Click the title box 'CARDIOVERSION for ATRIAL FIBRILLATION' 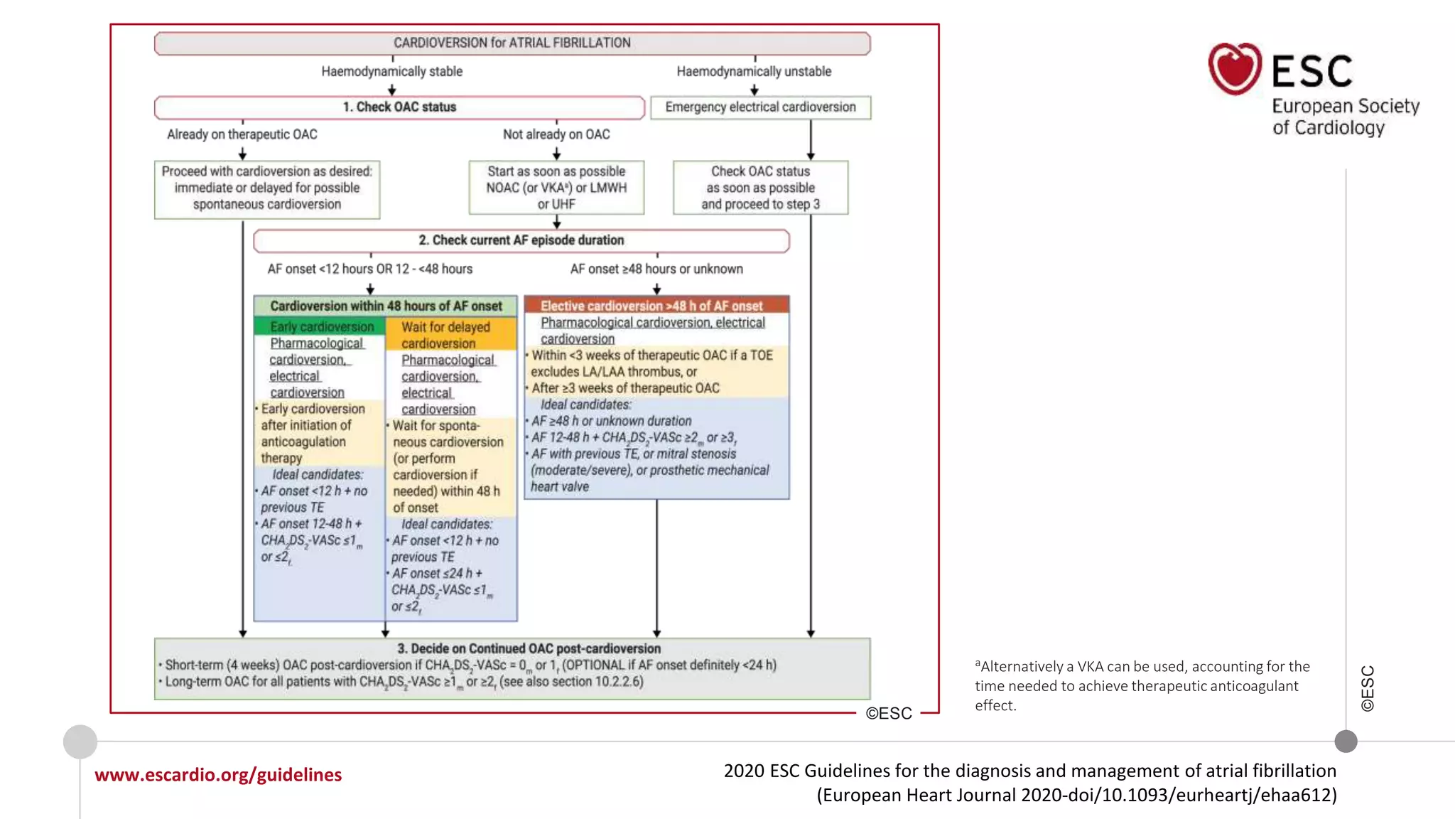(512, 43)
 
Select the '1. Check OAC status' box (399, 107)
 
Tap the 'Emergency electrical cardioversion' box (760, 107)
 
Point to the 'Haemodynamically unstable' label (754, 71)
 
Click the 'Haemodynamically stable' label (391, 71)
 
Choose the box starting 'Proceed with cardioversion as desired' (267, 188)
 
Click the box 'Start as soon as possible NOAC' (556, 188)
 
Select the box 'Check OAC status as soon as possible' (760, 188)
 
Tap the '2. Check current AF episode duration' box (521, 240)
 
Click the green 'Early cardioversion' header (321, 326)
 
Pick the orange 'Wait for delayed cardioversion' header (450, 335)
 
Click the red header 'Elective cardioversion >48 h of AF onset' (655, 306)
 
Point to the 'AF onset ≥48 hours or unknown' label (656, 269)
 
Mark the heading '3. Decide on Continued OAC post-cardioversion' (529, 648)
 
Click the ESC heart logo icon (1235, 69)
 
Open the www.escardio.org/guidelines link (218, 774)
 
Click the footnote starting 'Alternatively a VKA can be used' (1142, 685)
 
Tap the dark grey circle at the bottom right (1346, 742)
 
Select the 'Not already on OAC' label (556, 134)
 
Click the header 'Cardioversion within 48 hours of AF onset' (386, 306)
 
